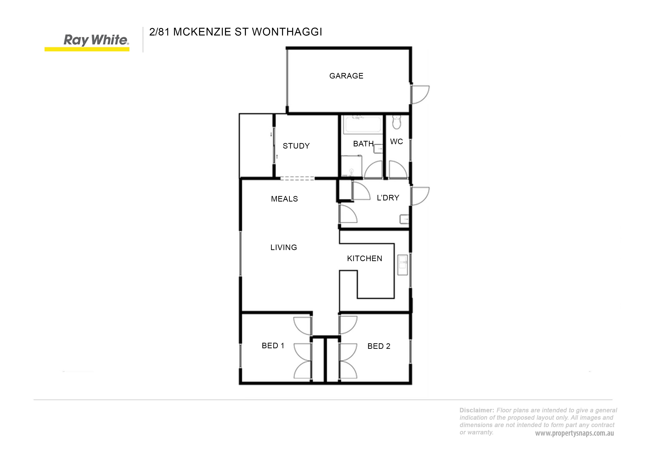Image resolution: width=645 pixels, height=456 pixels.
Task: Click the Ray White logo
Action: tap(87, 42)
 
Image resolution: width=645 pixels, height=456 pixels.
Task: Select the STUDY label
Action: tap(296, 146)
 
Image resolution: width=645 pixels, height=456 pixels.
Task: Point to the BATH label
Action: tap(363, 144)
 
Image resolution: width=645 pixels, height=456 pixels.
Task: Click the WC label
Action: tap(396, 142)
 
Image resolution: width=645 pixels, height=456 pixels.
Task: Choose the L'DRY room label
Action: tap(388, 198)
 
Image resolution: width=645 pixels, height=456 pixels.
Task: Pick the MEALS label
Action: tap(284, 199)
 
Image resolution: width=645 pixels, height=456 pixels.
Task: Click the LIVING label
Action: tap(284, 247)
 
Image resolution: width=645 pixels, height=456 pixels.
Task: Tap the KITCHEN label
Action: tap(365, 259)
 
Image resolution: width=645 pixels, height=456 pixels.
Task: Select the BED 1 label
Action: tap(273, 345)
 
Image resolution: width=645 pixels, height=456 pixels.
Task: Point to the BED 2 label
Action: tap(379, 346)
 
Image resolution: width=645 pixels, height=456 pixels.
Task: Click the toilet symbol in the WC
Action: tap(396, 123)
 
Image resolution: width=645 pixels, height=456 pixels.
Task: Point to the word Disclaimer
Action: tap(476, 410)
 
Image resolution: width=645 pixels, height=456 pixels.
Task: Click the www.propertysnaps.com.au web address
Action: tap(574, 433)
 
